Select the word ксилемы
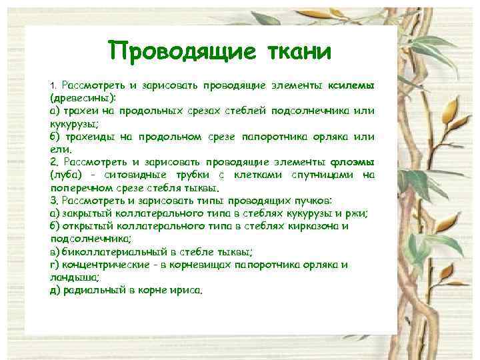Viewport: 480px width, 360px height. (350, 86)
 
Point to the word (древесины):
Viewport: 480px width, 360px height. (78, 98)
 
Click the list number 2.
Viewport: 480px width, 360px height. (53, 162)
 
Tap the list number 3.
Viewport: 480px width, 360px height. (53, 200)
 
